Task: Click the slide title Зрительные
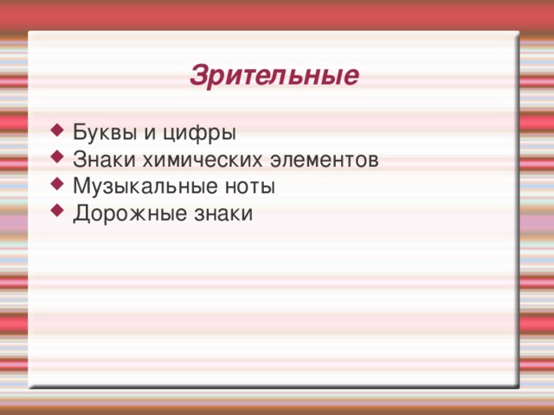[274, 75]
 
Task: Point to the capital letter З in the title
[196, 75]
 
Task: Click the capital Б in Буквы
[80, 134]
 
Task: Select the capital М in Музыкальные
[81, 186]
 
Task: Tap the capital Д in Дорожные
[80, 213]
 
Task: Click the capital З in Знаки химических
[79, 160]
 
